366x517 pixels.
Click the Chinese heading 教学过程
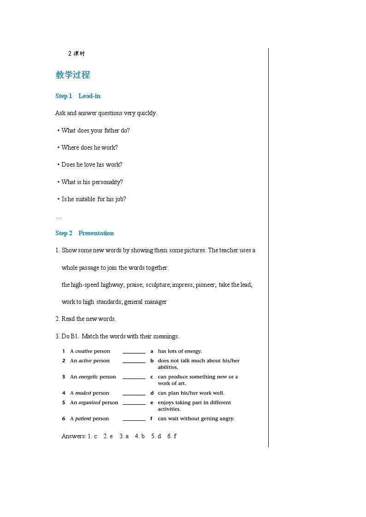(72, 75)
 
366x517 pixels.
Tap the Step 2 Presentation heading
(84, 233)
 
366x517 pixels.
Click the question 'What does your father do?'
(95, 131)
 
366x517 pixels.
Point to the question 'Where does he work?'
(89, 148)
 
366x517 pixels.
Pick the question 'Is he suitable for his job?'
(94, 199)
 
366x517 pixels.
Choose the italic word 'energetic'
(88, 377)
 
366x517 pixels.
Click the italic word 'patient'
(83, 419)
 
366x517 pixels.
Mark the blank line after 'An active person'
(134, 362)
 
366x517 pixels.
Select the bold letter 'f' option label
(151, 419)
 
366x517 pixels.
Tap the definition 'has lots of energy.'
(180, 351)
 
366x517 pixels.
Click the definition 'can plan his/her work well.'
(191, 393)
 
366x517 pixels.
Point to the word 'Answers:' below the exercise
(74, 436)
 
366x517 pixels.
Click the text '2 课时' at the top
(77, 54)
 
